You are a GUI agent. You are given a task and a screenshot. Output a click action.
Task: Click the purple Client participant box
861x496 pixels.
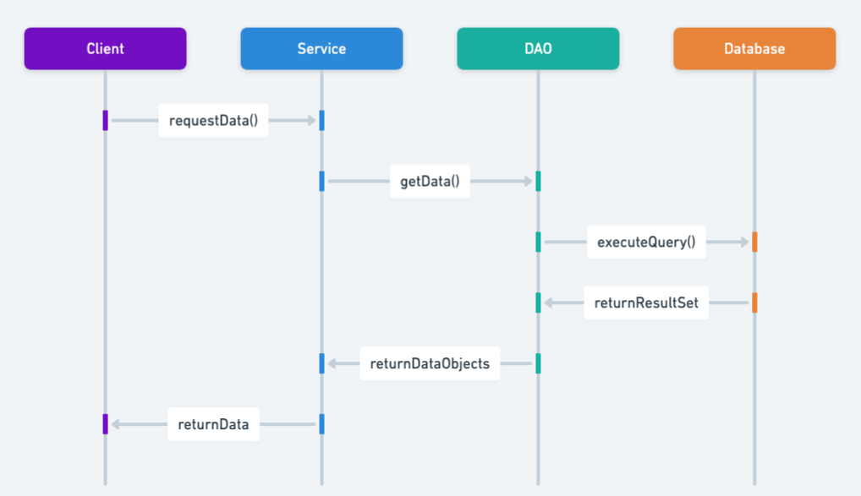click(105, 49)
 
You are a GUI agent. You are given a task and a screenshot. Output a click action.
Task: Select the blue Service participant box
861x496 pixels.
click(321, 49)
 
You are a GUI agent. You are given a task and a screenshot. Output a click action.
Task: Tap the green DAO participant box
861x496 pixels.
click(538, 49)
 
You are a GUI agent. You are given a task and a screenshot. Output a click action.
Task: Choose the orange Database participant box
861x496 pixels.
click(754, 49)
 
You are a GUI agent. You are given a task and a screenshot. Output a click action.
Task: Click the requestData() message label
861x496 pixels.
click(213, 121)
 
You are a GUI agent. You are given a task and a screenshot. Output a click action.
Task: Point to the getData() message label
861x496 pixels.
click(430, 182)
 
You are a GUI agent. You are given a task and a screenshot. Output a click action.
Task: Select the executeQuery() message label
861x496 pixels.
click(646, 243)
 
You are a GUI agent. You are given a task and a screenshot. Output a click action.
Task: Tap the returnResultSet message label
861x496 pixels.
click(646, 303)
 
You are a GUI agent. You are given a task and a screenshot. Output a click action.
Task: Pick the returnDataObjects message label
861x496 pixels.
click(430, 363)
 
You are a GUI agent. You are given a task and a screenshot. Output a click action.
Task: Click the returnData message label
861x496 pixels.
click(213, 424)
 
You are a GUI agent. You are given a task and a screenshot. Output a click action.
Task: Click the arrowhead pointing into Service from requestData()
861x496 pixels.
click(311, 121)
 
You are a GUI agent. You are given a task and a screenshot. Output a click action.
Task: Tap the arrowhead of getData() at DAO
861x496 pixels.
click(528, 182)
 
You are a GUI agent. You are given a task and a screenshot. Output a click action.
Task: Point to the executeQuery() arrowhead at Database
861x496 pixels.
click(744, 243)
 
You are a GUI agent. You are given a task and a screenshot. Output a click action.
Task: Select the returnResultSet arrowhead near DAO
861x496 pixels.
click(548, 303)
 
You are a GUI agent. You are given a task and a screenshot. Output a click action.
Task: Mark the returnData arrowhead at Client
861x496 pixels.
click(115, 424)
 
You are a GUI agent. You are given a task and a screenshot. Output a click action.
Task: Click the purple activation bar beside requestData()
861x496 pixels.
click(105, 121)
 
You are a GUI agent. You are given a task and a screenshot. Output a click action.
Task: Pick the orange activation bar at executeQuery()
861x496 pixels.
click(754, 243)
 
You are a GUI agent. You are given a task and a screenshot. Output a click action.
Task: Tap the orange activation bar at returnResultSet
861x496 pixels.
click(754, 303)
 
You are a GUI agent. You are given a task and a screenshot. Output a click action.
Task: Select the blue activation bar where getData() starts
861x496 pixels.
click(321, 182)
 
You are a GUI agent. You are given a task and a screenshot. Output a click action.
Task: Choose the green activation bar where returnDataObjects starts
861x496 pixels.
click(538, 363)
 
